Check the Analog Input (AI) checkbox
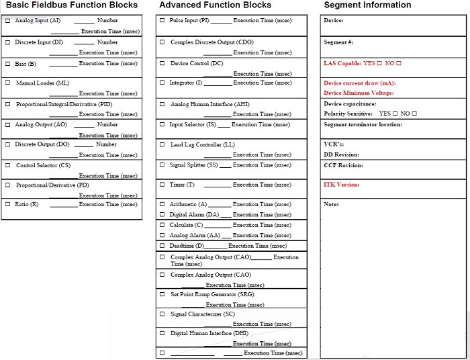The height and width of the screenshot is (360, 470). (7, 21)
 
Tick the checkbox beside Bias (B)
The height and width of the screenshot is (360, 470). (7, 64)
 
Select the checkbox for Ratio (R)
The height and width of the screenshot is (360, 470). (7, 204)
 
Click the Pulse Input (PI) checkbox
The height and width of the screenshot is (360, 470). (162, 21)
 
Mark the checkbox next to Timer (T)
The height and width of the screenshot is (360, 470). (162, 185)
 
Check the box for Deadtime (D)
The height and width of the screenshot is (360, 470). (162, 246)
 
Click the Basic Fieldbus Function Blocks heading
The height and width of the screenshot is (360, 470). (72, 5)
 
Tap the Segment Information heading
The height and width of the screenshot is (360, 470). (367, 5)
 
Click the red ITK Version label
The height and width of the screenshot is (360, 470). (342, 185)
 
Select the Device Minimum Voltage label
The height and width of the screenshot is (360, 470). (359, 93)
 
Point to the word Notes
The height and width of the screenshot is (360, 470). (331, 204)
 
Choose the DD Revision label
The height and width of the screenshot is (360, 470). (341, 154)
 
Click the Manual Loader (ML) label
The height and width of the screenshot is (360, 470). (42, 83)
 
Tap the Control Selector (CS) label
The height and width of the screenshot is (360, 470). (43, 165)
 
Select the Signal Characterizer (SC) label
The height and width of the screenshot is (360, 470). (203, 314)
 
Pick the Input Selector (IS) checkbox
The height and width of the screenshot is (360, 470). (162, 124)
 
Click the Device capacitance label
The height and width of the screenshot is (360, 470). (350, 104)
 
